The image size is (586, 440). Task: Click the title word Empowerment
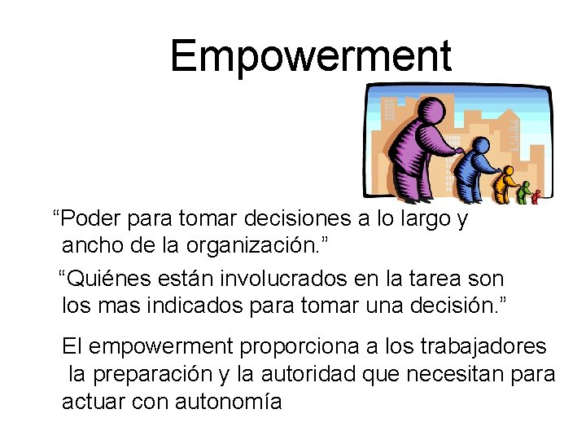coord(310,56)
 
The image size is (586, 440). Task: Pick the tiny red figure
coord(536,196)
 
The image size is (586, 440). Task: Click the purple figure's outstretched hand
coord(461,151)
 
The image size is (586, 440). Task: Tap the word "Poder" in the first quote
coord(86,219)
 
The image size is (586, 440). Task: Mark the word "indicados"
coord(190,305)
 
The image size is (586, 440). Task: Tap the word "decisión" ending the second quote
coord(460,305)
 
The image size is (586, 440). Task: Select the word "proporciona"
coord(297,346)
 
